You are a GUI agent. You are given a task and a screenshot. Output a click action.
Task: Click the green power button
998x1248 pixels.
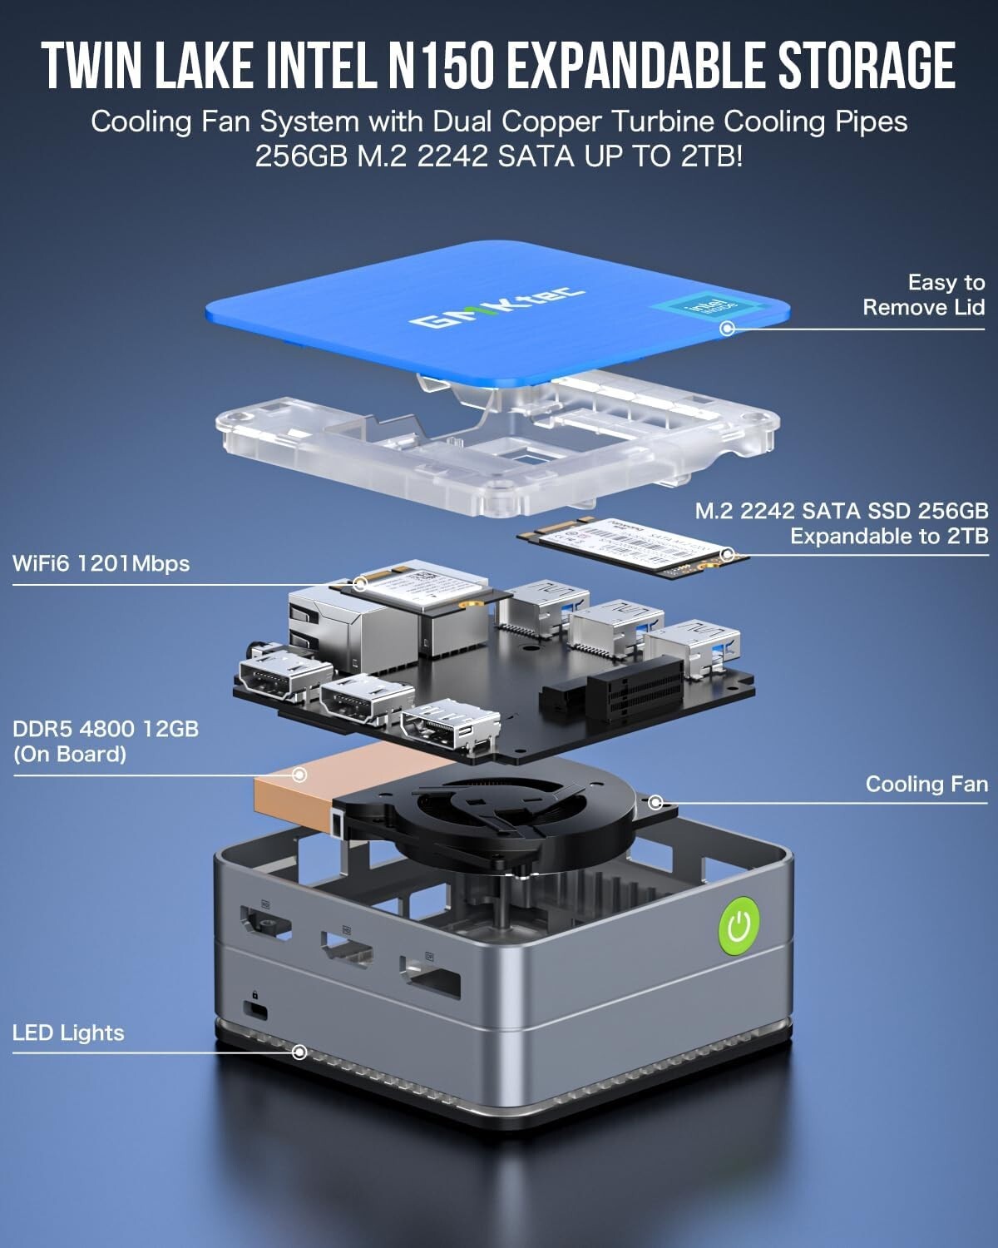[739, 926]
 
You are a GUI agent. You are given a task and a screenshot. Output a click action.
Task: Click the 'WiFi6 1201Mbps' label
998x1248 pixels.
[101, 563]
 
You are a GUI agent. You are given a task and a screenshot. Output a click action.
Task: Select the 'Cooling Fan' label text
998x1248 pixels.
[926, 784]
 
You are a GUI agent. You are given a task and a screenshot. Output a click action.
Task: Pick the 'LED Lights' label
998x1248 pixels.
[68, 1033]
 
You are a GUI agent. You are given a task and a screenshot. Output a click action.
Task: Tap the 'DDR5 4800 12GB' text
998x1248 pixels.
[106, 729]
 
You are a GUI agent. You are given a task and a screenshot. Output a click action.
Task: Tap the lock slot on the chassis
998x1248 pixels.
[256, 1009]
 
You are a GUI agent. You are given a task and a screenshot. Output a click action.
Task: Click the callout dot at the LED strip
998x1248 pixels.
[300, 1052]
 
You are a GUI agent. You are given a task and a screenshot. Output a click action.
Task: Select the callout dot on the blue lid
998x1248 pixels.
[727, 328]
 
